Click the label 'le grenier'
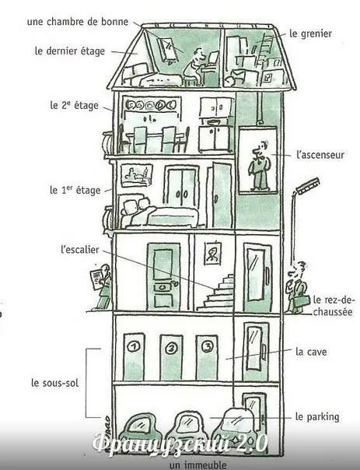click(x=310, y=33)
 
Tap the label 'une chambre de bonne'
click(x=78, y=22)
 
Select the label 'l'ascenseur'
click(x=320, y=155)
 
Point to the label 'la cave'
click(x=311, y=352)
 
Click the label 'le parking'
click(x=317, y=417)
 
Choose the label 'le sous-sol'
click(x=54, y=383)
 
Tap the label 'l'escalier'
click(x=79, y=249)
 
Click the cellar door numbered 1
click(x=134, y=356)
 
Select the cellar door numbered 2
click(x=171, y=357)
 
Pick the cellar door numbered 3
click(x=207, y=357)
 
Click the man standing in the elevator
click(x=260, y=167)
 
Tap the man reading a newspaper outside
click(x=101, y=287)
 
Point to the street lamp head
click(x=308, y=186)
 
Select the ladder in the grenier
click(x=264, y=51)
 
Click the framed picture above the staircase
click(x=213, y=253)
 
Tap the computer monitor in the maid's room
click(x=214, y=58)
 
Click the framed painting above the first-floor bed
click(x=137, y=175)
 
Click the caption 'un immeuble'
click(x=198, y=465)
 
